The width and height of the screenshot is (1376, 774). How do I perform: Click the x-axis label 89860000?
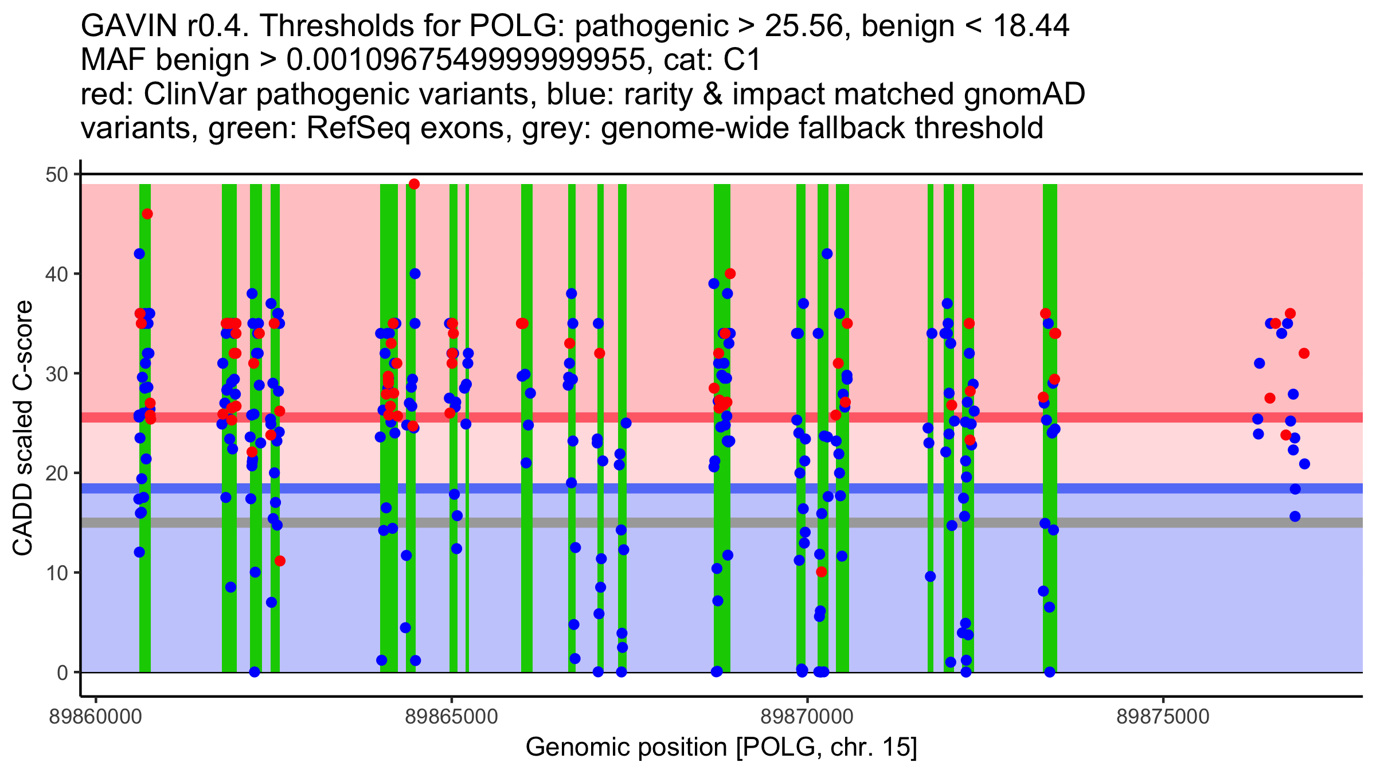point(96,717)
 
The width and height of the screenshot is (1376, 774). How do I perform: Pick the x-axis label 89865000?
point(452,717)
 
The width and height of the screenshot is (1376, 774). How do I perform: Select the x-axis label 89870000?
point(807,717)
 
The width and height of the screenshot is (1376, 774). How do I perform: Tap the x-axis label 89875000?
point(1163,717)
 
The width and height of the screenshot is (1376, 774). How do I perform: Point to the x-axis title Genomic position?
point(721,747)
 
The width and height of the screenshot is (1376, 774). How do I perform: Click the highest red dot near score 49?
point(414,184)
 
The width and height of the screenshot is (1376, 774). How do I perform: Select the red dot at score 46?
point(147,214)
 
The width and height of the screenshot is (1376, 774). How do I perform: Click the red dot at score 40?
point(730,274)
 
